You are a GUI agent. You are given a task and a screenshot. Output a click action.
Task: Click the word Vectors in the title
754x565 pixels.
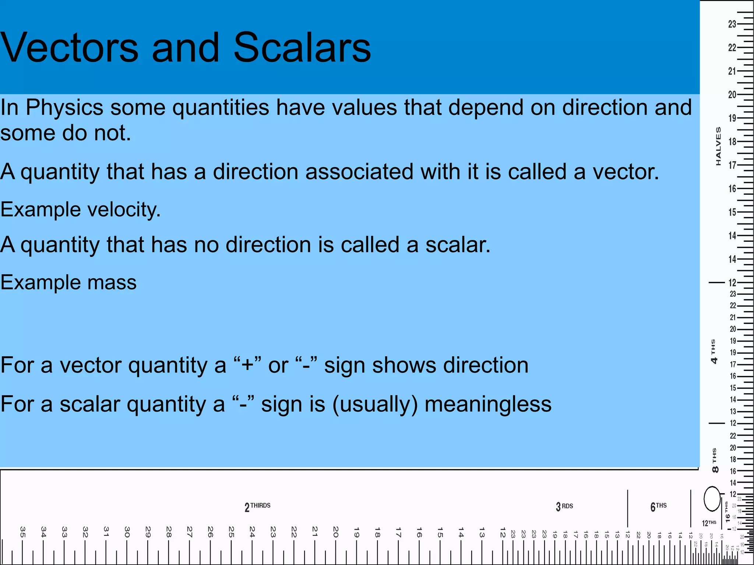(x=69, y=48)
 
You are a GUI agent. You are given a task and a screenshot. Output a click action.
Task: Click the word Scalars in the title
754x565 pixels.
(x=302, y=48)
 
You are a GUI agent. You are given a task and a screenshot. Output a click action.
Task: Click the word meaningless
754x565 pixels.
(x=488, y=404)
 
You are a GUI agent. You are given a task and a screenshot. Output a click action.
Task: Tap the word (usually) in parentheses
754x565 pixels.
(x=375, y=404)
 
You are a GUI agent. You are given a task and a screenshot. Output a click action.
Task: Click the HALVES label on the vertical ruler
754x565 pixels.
(x=718, y=146)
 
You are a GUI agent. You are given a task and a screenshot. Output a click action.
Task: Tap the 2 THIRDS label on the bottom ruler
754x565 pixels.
(x=257, y=507)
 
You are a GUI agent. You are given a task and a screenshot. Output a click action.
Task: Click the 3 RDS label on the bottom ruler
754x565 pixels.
(x=564, y=507)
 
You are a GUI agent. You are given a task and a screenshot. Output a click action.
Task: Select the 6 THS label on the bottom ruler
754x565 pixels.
(x=658, y=507)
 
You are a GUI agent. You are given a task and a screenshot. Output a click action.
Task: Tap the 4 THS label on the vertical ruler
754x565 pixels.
(x=714, y=352)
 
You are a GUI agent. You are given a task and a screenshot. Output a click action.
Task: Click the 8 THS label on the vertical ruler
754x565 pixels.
(x=715, y=460)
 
